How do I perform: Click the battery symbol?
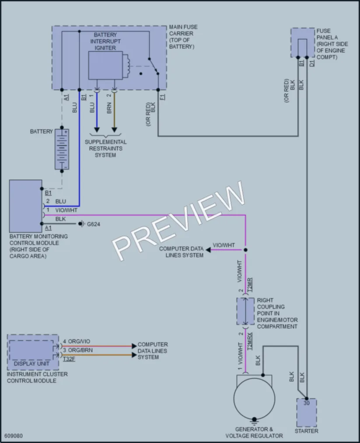point(62,149)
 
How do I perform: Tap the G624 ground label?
point(94,224)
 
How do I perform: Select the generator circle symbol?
point(254,399)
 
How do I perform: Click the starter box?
point(307,412)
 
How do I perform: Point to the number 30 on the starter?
point(307,403)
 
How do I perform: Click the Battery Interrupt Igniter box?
point(105,66)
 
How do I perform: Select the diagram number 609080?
point(14,436)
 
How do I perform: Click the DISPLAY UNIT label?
point(31,363)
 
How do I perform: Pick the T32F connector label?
point(69,359)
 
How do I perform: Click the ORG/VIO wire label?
point(79,341)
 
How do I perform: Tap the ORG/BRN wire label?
point(80,350)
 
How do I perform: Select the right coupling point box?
point(245,311)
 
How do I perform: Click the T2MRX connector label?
point(250,341)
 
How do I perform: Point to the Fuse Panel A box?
point(303,43)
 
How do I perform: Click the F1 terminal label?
point(162,97)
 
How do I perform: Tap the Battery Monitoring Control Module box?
point(26,206)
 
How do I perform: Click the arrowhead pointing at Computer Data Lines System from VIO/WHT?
point(208,250)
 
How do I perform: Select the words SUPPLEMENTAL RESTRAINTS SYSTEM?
point(106,148)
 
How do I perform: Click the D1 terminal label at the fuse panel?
point(312,63)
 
